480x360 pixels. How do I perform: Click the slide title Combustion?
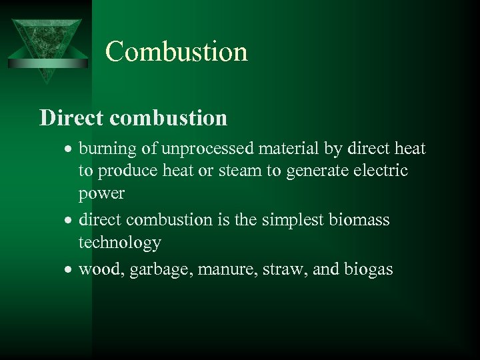(x=176, y=51)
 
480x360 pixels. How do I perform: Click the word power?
(x=101, y=193)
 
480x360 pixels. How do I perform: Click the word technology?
(x=119, y=243)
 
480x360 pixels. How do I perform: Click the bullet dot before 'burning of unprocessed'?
(x=70, y=149)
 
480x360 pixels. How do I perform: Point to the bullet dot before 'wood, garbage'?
(x=70, y=269)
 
